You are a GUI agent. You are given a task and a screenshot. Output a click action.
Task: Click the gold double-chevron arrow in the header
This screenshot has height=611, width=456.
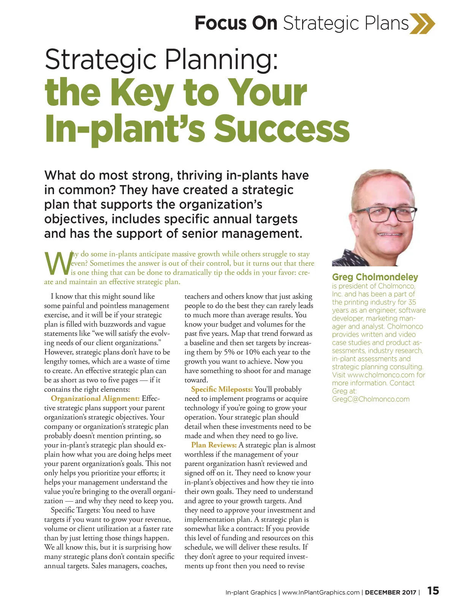click(x=422, y=23)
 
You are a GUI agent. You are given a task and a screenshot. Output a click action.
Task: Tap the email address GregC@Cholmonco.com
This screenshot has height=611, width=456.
click(x=370, y=399)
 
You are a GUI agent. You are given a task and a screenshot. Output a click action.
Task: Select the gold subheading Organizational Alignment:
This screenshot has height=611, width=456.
click(x=95, y=399)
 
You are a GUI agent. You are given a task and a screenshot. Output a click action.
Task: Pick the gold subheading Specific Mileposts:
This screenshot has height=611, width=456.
click(x=222, y=389)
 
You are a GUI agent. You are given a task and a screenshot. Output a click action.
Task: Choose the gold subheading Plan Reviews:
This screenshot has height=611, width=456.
click(x=214, y=445)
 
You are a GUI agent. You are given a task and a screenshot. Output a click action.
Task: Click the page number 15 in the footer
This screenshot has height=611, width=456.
click(x=433, y=591)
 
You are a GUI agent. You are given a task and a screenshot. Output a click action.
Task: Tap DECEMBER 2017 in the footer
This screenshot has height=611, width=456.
click(x=390, y=592)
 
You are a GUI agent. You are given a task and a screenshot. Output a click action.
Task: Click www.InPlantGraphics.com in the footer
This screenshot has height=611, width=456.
click(x=321, y=592)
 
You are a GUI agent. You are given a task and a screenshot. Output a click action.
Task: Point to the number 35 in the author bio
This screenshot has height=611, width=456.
click(x=412, y=302)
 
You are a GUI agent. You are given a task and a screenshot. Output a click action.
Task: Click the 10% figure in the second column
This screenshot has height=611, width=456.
click(x=252, y=352)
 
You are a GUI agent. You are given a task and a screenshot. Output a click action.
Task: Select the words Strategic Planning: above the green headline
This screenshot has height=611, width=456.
click(x=161, y=59)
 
